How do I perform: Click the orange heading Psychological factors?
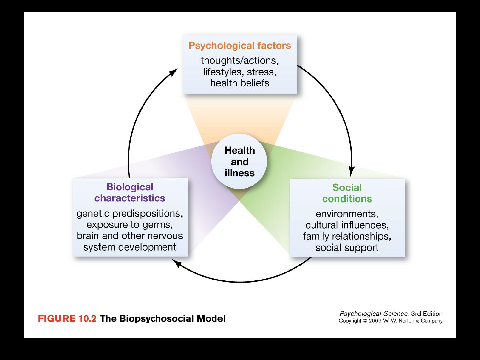240,46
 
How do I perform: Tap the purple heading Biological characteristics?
130,193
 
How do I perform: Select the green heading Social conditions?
347,193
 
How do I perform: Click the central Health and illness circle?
239,162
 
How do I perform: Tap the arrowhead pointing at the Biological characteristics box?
177,263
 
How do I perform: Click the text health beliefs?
240,83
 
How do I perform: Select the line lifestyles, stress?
240,72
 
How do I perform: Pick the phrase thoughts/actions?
238,60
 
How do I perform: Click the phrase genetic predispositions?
129,214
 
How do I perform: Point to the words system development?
130,247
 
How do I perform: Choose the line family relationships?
346,236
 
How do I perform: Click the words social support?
347,248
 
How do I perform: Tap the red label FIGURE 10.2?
67,318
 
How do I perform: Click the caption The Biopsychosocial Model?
163,319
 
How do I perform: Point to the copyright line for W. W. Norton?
391,321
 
